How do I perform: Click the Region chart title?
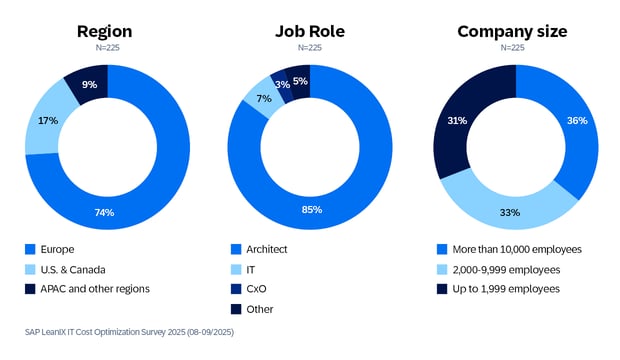point(105,31)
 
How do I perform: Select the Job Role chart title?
point(310,31)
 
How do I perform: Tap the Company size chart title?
point(512,31)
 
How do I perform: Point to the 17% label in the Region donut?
point(48,120)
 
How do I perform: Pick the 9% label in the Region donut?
point(89,85)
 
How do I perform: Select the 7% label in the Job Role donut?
point(263,98)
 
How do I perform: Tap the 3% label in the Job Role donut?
point(284,85)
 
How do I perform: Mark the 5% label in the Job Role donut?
point(300,81)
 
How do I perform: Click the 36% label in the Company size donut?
point(577,120)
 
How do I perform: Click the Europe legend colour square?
point(31,248)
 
